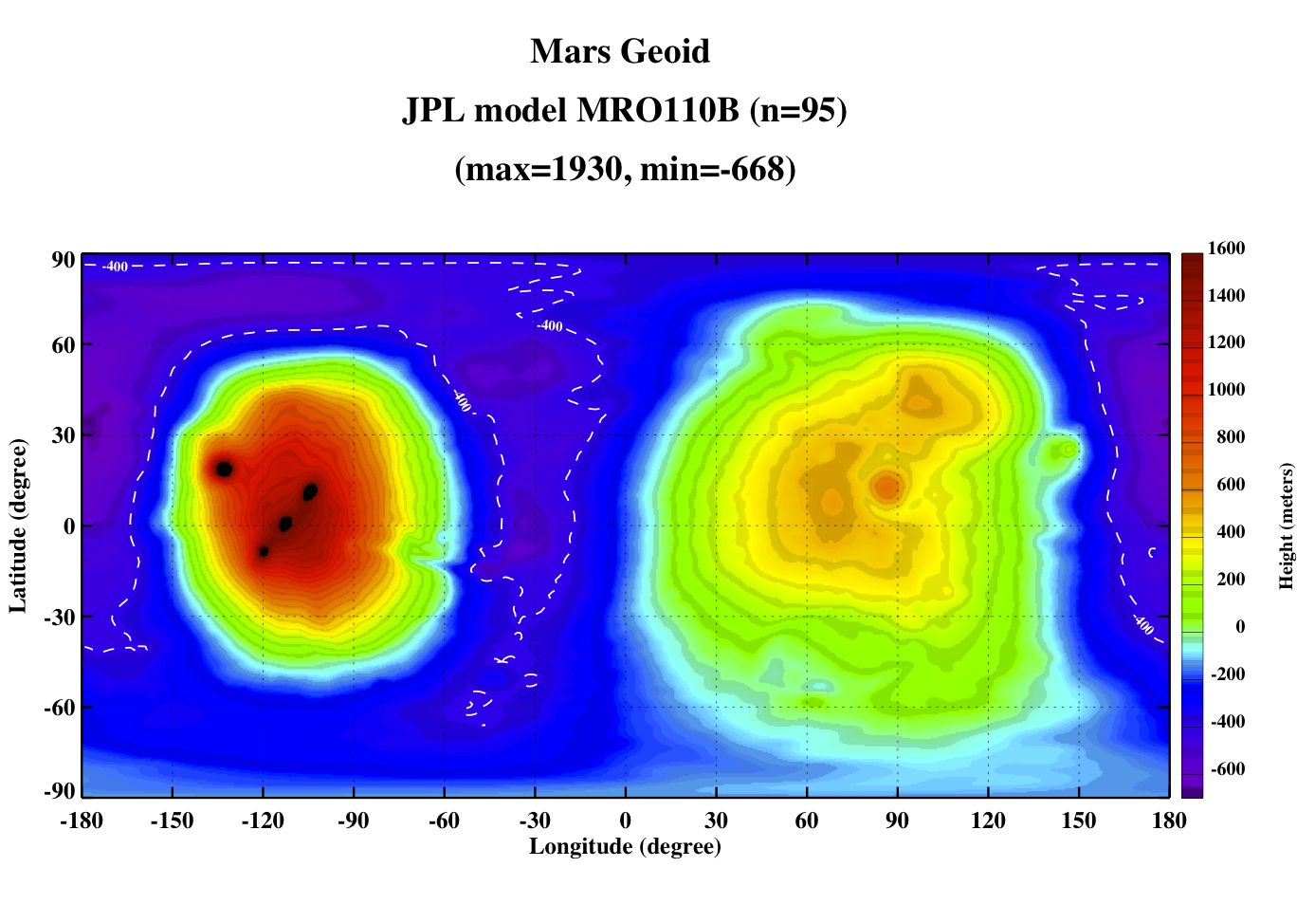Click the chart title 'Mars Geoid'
[x=620, y=51]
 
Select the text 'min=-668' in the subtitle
[x=712, y=169]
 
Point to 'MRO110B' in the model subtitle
[x=658, y=110]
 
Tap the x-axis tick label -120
[x=263, y=820]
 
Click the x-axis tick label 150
[x=1078, y=820]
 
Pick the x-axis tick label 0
[x=625, y=820]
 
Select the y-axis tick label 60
[x=64, y=345]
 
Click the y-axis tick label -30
[x=60, y=618]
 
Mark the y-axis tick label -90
[x=60, y=790]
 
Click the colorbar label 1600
[x=1226, y=248]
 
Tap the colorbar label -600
[x=1228, y=768]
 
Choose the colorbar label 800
[x=1231, y=436]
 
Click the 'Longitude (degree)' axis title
[x=625, y=846]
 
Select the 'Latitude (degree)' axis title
[x=18, y=526]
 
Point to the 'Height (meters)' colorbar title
[x=1286, y=526]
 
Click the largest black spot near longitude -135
[x=224, y=470]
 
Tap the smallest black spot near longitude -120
[x=264, y=551]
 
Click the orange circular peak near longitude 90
[x=887, y=487]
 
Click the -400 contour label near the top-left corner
[x=115, y=267]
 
